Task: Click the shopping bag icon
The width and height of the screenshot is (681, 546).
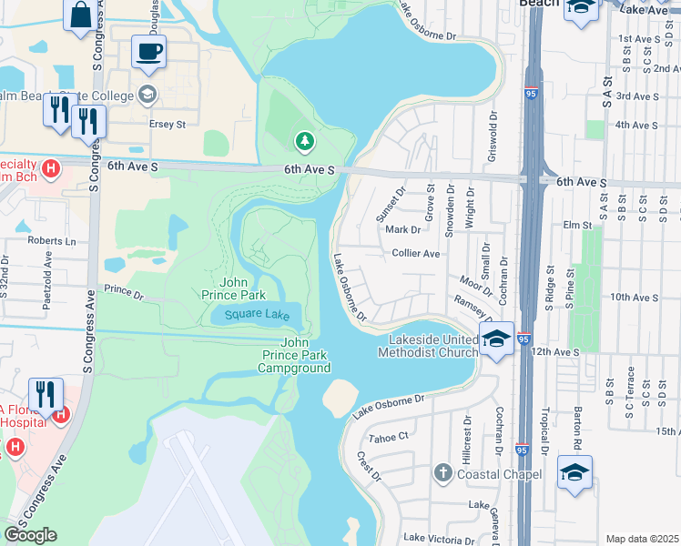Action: (80, 15)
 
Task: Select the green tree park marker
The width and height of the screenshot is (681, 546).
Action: (304, 140)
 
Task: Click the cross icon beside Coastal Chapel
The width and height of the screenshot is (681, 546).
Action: (442, 473)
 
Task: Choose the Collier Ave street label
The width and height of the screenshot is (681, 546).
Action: (415, 254)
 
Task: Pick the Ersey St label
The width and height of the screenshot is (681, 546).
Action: (167, 124)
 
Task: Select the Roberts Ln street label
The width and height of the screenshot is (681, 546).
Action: (52, 241)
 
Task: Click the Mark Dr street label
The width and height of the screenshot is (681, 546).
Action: (403, 229)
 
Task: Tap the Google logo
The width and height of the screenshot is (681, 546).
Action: (31, 535)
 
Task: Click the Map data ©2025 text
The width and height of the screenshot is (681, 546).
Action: (642, 539)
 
